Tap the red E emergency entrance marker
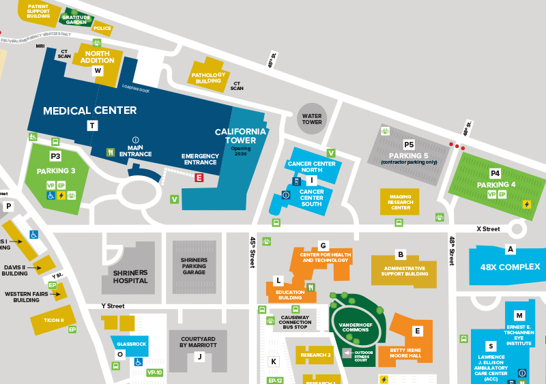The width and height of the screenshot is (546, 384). coord(199,178)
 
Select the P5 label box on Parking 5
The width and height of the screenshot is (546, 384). coord(409,145)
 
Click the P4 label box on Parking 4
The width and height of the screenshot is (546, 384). coord(495,173)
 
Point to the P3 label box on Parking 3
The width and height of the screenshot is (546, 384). coord(56,156)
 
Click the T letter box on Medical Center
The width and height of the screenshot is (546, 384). coord(92,125)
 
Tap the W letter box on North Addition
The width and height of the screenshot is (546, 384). coord(98,70)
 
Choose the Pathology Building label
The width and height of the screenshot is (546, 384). coord(208,78)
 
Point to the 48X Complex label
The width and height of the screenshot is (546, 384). coord(510,267)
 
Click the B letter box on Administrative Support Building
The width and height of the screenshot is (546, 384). coord(401,255)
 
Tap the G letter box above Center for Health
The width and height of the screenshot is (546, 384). coord(324,246)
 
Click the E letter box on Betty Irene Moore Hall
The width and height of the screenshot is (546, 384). coord(418,331)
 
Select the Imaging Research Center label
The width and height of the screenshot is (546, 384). coord(401,203)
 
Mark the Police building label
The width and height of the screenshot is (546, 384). coord(102,29)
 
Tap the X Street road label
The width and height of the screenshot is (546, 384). coord(488,229)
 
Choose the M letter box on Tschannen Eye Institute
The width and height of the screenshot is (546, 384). coord(519,315)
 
